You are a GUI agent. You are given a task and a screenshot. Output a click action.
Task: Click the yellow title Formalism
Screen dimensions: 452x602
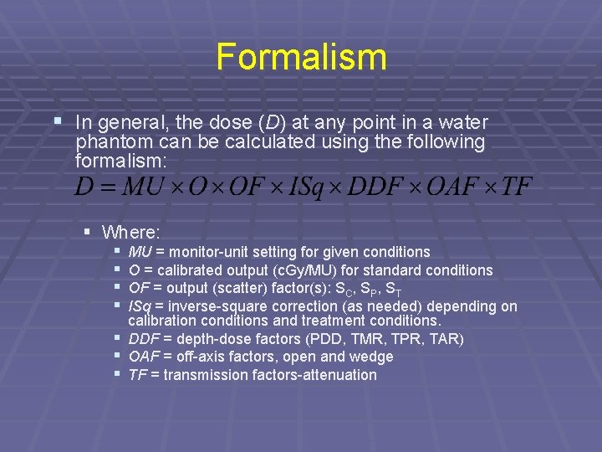301,57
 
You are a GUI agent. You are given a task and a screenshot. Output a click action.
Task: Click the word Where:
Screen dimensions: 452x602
132,231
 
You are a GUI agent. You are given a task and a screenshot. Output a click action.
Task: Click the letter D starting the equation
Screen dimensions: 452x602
84,185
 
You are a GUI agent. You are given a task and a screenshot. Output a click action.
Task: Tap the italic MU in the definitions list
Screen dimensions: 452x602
140,252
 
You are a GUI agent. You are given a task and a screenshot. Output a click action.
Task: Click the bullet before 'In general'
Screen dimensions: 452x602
57,121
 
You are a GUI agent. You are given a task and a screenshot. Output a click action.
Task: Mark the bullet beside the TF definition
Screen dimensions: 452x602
118,373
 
